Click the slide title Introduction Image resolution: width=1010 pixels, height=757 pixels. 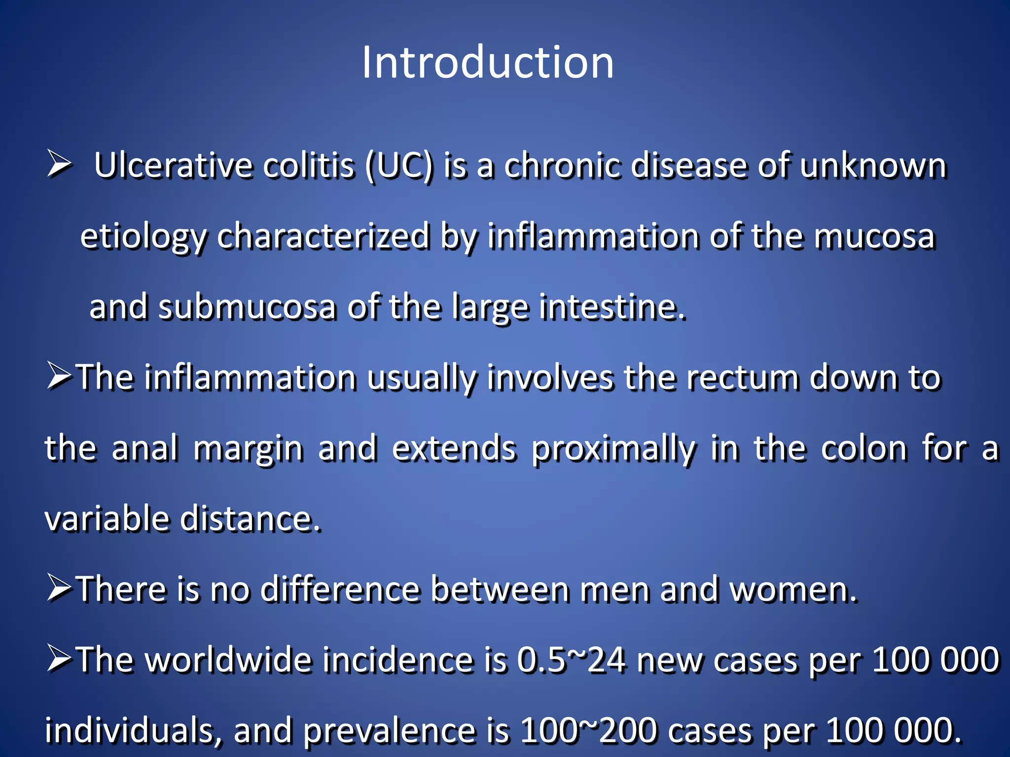(x=488, y=63)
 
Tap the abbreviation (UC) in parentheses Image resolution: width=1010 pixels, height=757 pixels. (x=399, y=166)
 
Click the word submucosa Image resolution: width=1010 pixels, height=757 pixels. (x=247, y=307)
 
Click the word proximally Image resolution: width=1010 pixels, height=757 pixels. (x=613, y=449)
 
